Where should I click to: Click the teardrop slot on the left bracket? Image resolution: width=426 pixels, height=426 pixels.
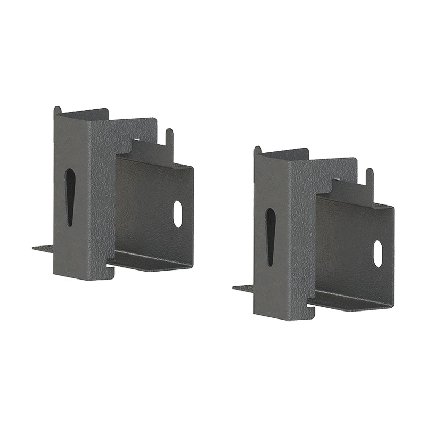point(70,197)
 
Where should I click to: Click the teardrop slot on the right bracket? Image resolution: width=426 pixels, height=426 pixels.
point(271,236)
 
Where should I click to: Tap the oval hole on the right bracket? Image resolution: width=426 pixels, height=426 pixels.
point(378,253)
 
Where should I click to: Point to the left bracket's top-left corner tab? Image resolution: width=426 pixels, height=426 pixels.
point(58,110)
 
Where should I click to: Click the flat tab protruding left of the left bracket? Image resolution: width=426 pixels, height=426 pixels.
point(43,248)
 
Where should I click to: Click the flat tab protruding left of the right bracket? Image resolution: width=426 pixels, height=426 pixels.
point(243,288)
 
